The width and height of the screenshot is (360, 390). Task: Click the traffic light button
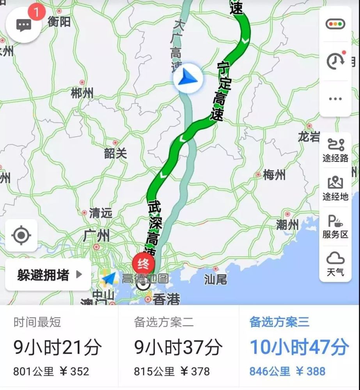click(x=335, y=24)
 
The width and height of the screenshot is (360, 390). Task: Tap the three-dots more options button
click(x=335, y=99)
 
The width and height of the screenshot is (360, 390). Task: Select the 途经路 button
click(x=335, y=150)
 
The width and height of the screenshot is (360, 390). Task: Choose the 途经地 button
click(x=335, y=189)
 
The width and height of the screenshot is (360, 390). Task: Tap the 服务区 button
click(x=335, y=227)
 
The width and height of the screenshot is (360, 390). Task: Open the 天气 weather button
click(x=335, y=264)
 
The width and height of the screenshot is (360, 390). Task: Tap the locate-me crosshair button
click(x=21, y=235)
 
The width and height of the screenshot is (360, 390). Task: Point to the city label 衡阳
click(x=59, y=22)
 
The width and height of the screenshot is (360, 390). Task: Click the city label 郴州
click(x=82, y=93)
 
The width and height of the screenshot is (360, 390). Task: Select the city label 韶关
click(x=115, y=153)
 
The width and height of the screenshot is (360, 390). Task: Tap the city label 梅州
click(x=274, y=175)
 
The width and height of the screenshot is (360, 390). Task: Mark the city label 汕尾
click(x=215, y=279)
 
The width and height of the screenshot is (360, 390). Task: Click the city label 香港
click(x=167, y=300)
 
